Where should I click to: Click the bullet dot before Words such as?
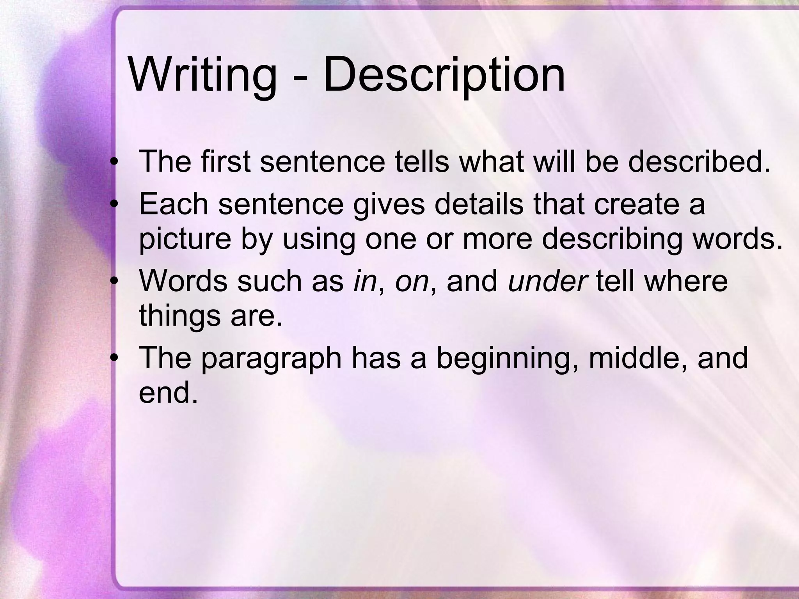pos(114,282)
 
